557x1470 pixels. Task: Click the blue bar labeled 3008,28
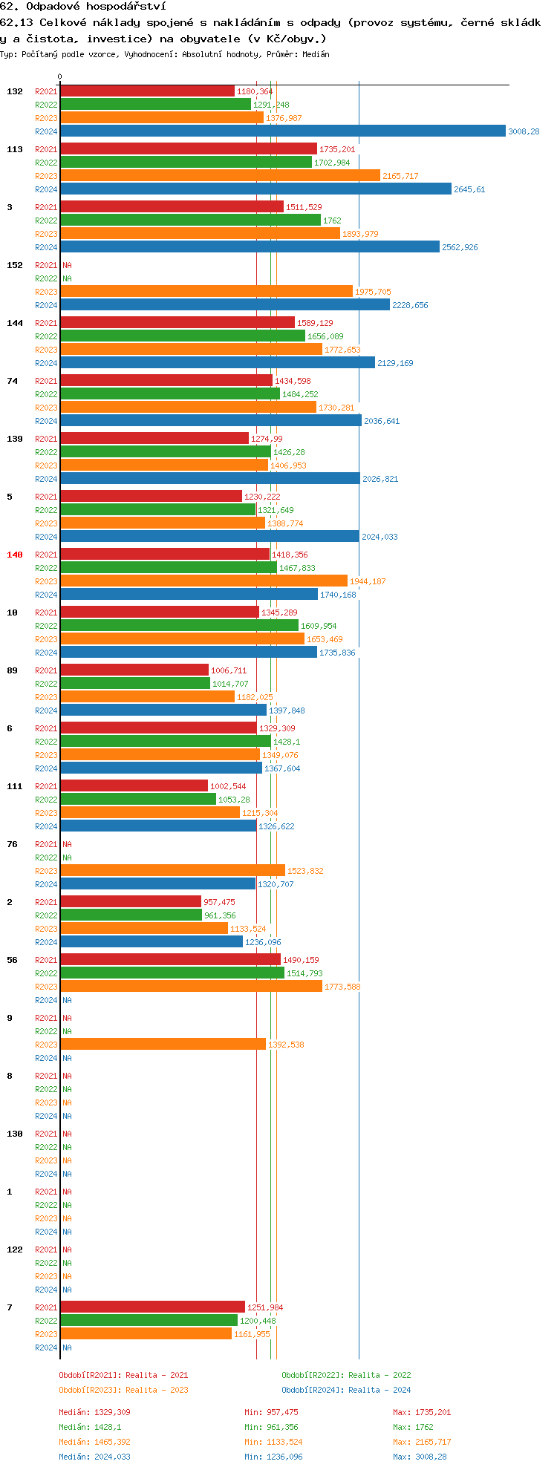coord(282,131)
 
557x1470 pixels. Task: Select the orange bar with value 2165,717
coord(220,176)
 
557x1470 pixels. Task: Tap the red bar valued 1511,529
coord(172,207)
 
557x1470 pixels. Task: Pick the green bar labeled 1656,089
coord(183,336)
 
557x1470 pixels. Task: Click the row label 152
coord(15,265)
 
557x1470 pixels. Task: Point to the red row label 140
coord(15,555)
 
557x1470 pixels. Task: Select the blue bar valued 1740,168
coord(189,595)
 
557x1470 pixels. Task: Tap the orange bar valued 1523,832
coord(172,871)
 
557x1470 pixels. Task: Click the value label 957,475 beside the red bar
coord(219,902)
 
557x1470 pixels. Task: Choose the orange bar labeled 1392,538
coord(163,1045)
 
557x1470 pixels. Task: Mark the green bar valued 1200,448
coord(149,1321)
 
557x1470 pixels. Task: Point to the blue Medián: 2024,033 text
coord(94,1457)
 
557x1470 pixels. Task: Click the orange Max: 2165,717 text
coord(422,1442)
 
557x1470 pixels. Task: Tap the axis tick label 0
coord(60,76)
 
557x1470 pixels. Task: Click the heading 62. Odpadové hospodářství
coord(83,6)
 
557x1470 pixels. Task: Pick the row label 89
coord(12,670)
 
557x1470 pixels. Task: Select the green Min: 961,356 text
coord(271,1427)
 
